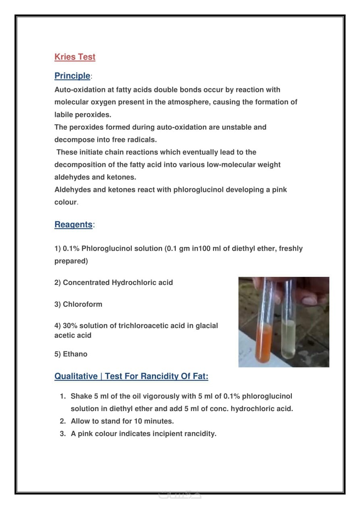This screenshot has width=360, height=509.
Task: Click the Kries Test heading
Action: coord(75,57)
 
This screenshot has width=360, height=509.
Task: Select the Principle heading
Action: coord(72,76)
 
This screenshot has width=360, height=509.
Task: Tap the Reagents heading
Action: coord(73,224)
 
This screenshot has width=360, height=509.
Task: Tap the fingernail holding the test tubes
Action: coord(310,300)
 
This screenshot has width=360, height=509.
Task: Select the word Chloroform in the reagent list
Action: coord(83,304)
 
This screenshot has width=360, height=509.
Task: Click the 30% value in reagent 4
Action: coord(69,326)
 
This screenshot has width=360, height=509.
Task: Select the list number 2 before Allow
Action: coord(62,421)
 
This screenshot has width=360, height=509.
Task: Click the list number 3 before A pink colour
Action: coord(62,434)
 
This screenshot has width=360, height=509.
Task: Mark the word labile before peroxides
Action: coord(64,114)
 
